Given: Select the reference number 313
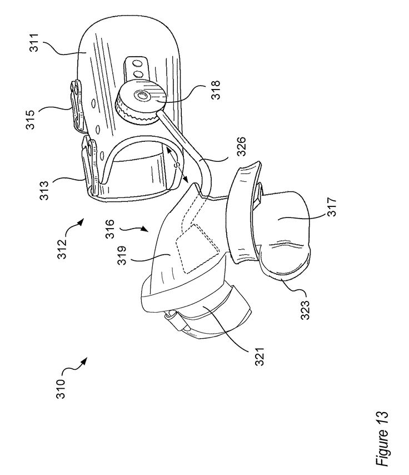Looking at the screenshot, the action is [x=44, y=191].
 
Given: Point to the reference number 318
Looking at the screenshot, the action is [x=216, y=90].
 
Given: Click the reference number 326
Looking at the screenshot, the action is [x=241, y=147].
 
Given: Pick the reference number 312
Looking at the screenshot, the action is [x=62, y=249].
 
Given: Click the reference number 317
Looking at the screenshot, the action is [x=332, y=206].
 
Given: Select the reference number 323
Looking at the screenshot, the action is [x=305, y=310].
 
